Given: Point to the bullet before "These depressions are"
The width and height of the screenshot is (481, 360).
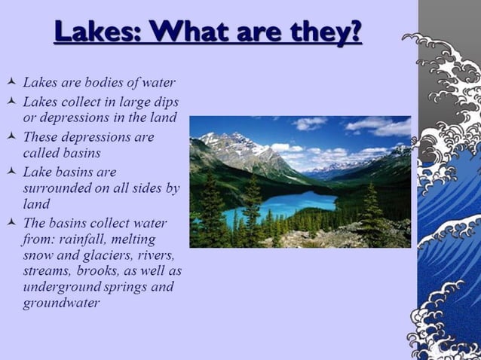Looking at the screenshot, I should click(x=10, y=138).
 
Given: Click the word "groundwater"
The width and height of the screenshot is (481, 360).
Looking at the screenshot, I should click(x=61, y=304).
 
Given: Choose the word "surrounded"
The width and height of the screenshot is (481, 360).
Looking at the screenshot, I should click(x=57, y=188).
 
